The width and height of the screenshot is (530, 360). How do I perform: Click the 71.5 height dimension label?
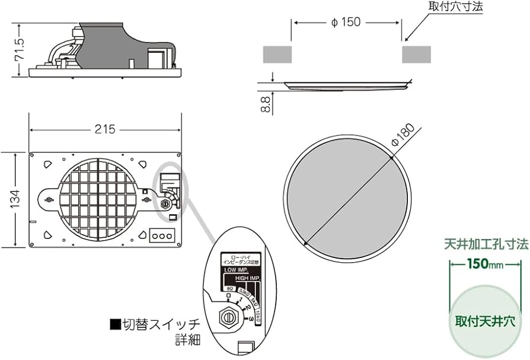coord(20,51)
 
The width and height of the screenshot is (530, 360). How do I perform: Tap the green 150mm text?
coord(486,264)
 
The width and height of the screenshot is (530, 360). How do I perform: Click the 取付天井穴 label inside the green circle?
coord(486,321)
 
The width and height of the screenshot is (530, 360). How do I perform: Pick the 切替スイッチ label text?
coord(155,325)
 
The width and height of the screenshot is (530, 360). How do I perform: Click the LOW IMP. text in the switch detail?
coord(237,270)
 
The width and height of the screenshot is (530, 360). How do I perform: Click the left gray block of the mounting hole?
coord(277,54)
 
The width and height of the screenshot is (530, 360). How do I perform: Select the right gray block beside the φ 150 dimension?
coord(417,54)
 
